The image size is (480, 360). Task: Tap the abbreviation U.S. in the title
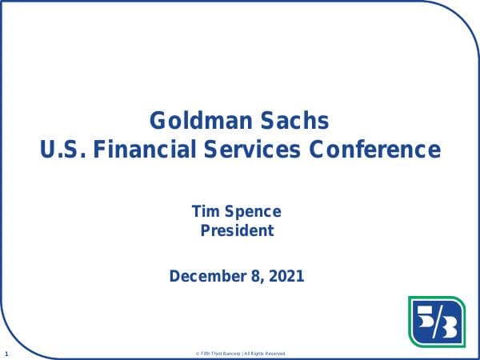click(61, 150)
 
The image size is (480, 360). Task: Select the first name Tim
click(204, 212)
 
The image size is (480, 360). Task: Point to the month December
click(206, 277)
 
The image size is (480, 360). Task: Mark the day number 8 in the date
click(254, 277)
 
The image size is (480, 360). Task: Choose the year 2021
click(286, 277)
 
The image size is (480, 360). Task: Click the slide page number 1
click(6, 353)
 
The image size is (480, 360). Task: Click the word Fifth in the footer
click(206, 354)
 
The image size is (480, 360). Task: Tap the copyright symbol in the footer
click(197, 354)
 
